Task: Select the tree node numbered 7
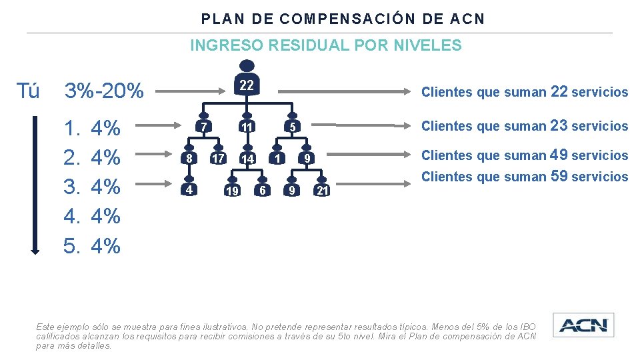click(205, 127)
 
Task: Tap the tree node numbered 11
click(247, 127)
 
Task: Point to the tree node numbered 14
click(247, 159)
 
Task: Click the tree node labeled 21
click(322, 191)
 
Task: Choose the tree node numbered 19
click(232, 191)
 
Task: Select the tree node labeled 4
click(189, 190)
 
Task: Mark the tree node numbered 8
click(189, 159)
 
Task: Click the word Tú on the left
click(27, 91)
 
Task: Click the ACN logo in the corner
click(583, 325)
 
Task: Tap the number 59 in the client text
click(559, 176)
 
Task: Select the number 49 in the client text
click(559, 155)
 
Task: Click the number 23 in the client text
click(559, 125)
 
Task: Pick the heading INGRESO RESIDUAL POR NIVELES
click(325, 45)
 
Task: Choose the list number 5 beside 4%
click(71, 246)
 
